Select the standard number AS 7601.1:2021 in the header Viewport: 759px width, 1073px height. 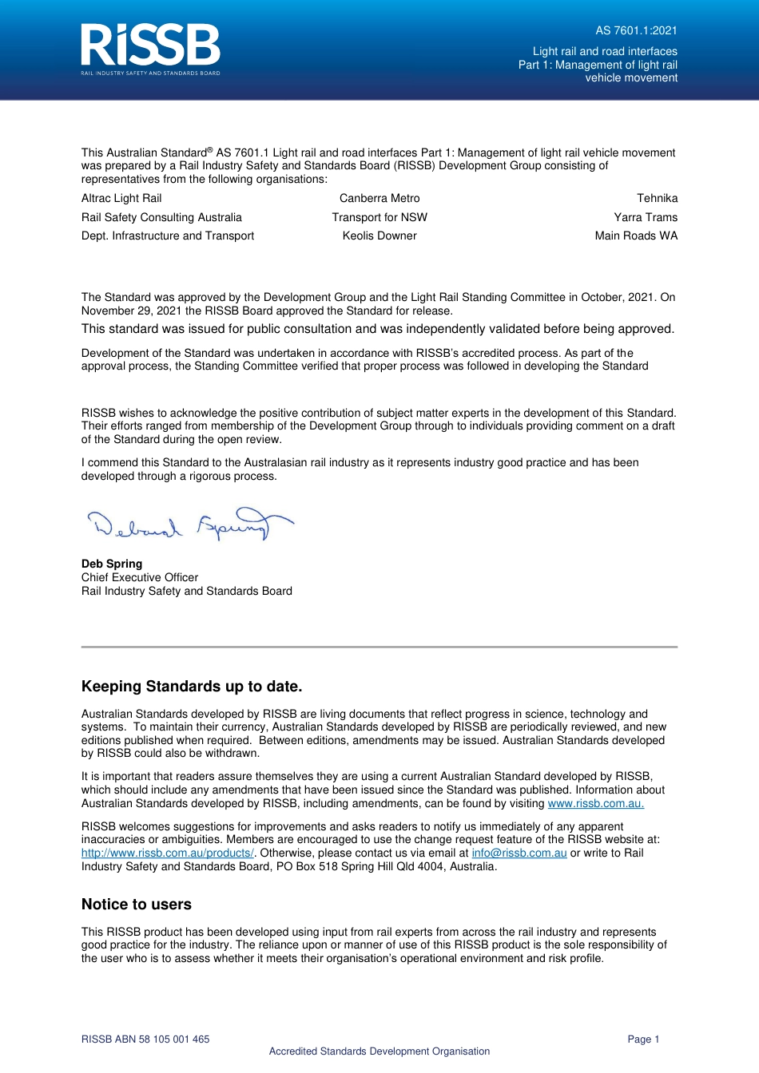tap(636, 31)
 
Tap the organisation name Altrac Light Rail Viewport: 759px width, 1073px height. tap(121, 199)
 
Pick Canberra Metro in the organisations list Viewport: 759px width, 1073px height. tap(379, 199)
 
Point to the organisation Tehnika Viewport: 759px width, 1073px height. tap(657, 199)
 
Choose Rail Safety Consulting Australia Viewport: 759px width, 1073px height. tap(161, 217)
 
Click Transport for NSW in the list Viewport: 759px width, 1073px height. tap(379, 217)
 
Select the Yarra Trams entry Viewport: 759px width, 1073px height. tap(646, 217)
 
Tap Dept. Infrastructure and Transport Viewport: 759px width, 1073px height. tap(168, 236)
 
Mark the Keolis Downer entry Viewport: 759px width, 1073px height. tap(379, 236)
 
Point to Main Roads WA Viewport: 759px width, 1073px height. tap(636, 236)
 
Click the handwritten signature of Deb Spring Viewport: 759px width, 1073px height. tap(189, 524)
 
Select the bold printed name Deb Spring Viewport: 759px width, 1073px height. tap(112, 564)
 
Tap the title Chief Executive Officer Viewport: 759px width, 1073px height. tap(140, 577)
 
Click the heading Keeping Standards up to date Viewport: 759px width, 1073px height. tap(192, 687)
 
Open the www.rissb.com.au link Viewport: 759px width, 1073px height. tap(595, 803)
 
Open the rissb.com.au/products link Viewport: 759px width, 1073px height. tap(167, 853)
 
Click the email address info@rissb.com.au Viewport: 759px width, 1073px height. tap(519, 853)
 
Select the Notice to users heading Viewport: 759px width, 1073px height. tap(137, 905)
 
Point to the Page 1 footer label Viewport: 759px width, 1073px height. tap(643, 1039)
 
